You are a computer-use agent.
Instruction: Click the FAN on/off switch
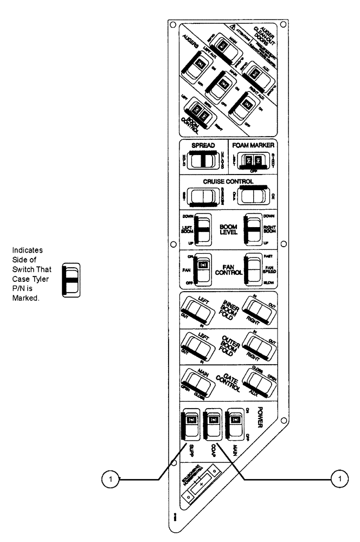click(203, 268)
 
